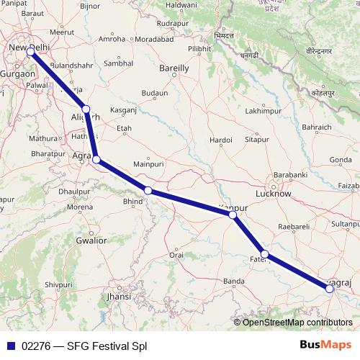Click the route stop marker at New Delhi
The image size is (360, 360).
tap(30, 52)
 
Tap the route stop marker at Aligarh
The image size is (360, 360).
tap(86, 109)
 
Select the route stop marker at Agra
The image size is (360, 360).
tap(96, 161)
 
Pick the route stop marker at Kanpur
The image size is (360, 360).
tap(232, 215)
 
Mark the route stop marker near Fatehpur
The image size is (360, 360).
tap(265, 253)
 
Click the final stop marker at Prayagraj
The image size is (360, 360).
tap(329, 288)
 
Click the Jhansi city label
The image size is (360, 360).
tap(119, 296)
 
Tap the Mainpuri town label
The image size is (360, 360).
tap(149, 165)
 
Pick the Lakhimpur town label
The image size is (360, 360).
tap(261, 112)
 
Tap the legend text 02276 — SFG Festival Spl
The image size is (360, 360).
tap(85, 346)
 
